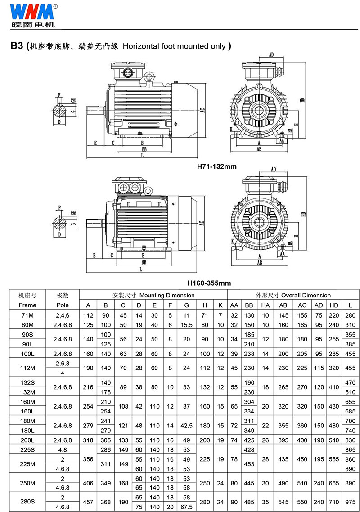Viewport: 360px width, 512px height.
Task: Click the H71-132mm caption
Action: coord(217,166)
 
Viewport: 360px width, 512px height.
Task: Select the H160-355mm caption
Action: coord(209,283)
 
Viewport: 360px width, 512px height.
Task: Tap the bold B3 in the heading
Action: coord(17,46)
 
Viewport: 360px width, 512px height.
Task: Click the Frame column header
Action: coord(27,305)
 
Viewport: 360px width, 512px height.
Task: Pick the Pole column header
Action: coord(63,305)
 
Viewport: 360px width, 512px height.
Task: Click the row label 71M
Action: coord(27,315)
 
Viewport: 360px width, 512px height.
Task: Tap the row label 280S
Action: coord(27,502)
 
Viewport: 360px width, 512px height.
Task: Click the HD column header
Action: coord(334,305)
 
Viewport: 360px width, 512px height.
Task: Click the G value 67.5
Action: coord(186,507)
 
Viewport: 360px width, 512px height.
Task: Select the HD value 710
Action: coord(334,502)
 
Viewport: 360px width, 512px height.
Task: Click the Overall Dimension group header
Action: coord(293,295)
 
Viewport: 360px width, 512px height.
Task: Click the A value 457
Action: coord(88,502)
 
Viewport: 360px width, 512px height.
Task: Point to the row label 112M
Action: coord(27,368)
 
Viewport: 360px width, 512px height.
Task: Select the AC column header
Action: coord(302,305)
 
